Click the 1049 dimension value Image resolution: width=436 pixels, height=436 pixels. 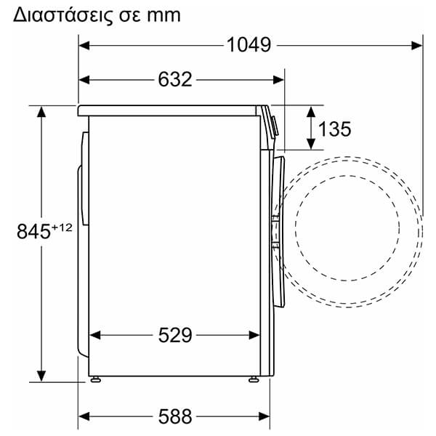[x=249, y=45]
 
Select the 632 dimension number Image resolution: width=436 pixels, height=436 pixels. [x=175, y=79]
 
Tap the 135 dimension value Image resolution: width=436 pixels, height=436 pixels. [x=334, y=129]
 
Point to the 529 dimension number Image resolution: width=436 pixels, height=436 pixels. [x=175, y=335]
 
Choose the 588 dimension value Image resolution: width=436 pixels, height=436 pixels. [x=175, y=416]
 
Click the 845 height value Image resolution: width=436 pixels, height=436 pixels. [x=33, y=231]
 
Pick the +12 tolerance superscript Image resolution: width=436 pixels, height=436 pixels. [x=62, y=227]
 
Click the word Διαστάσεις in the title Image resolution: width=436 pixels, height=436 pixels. [x=63, y=15]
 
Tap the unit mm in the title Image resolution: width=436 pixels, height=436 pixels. [x=164, y=16]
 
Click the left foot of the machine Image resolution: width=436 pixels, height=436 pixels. [x=95, y=379]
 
